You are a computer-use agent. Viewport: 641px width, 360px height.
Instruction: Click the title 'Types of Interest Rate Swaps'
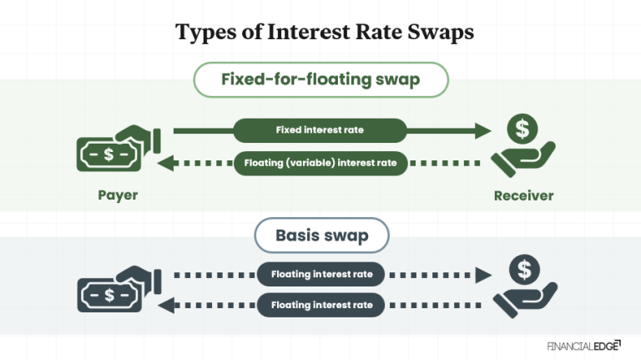click(325, 33)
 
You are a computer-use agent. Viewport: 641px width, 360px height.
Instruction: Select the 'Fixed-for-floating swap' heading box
click(320, 81)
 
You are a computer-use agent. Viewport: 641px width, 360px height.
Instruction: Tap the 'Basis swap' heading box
click(321, 236)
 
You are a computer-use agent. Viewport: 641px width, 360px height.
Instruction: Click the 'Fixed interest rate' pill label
click(320, 130)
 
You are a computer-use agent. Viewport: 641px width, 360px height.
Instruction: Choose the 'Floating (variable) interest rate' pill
click(320, 163)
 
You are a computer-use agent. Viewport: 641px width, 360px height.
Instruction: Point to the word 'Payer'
click(117, 196)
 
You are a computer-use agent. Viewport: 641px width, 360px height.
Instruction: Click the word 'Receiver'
click(523, 196)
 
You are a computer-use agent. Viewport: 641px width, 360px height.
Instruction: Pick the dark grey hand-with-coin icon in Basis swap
click(523, 286)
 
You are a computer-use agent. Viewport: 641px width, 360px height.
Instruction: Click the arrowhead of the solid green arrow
click(482, 130)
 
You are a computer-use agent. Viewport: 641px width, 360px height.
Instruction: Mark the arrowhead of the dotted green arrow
click(164, 163)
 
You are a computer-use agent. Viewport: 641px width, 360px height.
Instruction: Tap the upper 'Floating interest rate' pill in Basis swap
click(320, 273)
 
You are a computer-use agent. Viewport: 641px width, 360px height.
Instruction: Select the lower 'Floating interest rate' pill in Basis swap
click(320, 305)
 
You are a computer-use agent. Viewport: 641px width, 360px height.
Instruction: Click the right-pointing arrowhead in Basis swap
click(482, 273)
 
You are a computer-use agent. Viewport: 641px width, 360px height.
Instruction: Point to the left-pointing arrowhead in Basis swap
click(164, 305)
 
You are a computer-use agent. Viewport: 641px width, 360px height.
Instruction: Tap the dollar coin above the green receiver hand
click(522, 129)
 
